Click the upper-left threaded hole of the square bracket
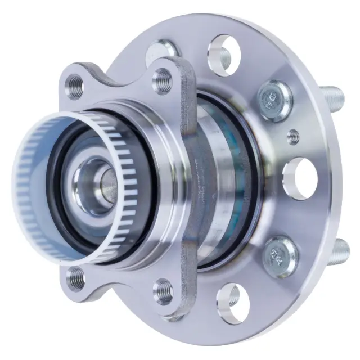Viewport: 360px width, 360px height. coord(74,85)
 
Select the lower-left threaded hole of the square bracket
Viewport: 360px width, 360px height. coord(75,277)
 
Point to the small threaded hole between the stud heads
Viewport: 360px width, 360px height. coord(292,136)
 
